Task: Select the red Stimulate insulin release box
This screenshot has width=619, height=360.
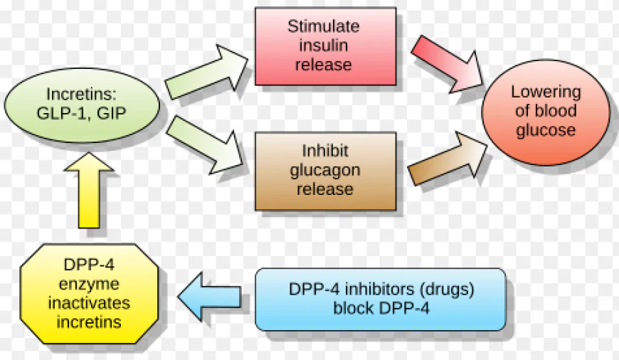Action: (x=325, y=46)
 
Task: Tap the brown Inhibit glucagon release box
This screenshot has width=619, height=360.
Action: (x=325, y=171)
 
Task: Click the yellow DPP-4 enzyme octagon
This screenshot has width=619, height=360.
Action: (x=89, y=292)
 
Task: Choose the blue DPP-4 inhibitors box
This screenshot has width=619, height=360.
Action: (x=381, y=300)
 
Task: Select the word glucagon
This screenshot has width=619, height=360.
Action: (x=325, y=171)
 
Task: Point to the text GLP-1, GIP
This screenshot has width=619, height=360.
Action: (x=81, y=112)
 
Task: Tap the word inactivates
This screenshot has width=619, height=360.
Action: (x=90, y=303)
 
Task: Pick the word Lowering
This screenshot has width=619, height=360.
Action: (x=546, y=92)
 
